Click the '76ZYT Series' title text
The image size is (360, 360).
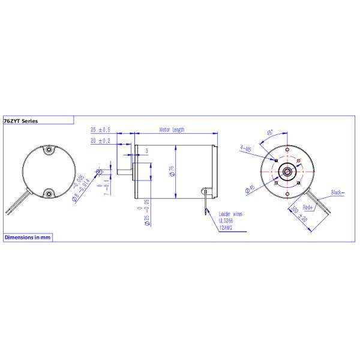[21, 121]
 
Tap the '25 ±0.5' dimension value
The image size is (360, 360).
[100, 130]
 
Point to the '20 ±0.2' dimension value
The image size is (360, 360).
[100, 140]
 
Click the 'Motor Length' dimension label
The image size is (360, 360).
[172, 130]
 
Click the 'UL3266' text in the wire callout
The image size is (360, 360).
[226, 220]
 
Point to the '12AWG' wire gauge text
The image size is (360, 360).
[226, 227]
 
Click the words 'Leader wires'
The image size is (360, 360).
[232, 214]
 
